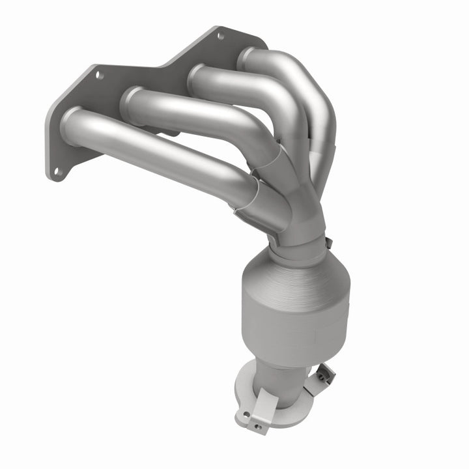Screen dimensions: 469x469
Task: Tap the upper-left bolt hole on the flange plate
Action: (x=100, y=76)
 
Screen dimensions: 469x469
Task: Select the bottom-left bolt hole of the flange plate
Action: (x=57, y=172)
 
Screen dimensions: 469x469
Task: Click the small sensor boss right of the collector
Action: (x=330, y=243)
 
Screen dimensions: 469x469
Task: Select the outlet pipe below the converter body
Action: (x=280, y=381)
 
